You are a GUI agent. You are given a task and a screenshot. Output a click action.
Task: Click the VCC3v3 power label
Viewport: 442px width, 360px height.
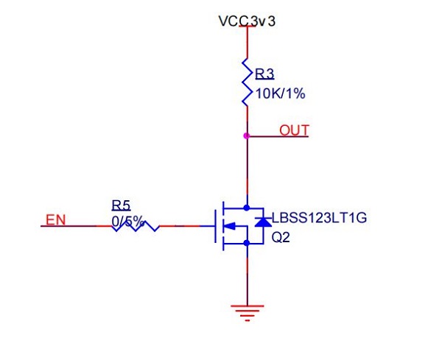247,21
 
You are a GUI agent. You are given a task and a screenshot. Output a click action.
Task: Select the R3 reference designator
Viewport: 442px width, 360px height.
264,74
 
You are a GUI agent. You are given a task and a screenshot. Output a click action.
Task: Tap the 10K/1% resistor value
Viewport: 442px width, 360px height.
280,93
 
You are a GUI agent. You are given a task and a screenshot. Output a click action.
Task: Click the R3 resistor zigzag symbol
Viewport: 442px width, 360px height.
247,82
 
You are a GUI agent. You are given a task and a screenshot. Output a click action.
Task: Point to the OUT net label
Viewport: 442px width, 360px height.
294,131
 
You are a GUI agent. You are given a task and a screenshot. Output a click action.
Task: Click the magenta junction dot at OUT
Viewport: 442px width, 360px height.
247,135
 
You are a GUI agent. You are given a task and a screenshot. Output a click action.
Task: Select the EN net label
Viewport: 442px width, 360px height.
55,219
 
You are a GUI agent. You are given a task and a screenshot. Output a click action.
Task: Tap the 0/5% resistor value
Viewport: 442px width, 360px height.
127,220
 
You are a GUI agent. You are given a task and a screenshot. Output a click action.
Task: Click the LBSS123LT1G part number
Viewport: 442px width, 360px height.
319,219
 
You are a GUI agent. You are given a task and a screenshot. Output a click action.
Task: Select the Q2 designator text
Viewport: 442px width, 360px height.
281,239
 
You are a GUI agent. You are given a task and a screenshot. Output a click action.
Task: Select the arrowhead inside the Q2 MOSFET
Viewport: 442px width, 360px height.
228,226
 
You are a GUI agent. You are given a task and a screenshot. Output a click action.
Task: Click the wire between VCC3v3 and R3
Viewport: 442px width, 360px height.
247,44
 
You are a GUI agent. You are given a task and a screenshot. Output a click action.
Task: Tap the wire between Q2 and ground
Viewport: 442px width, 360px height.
247,276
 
